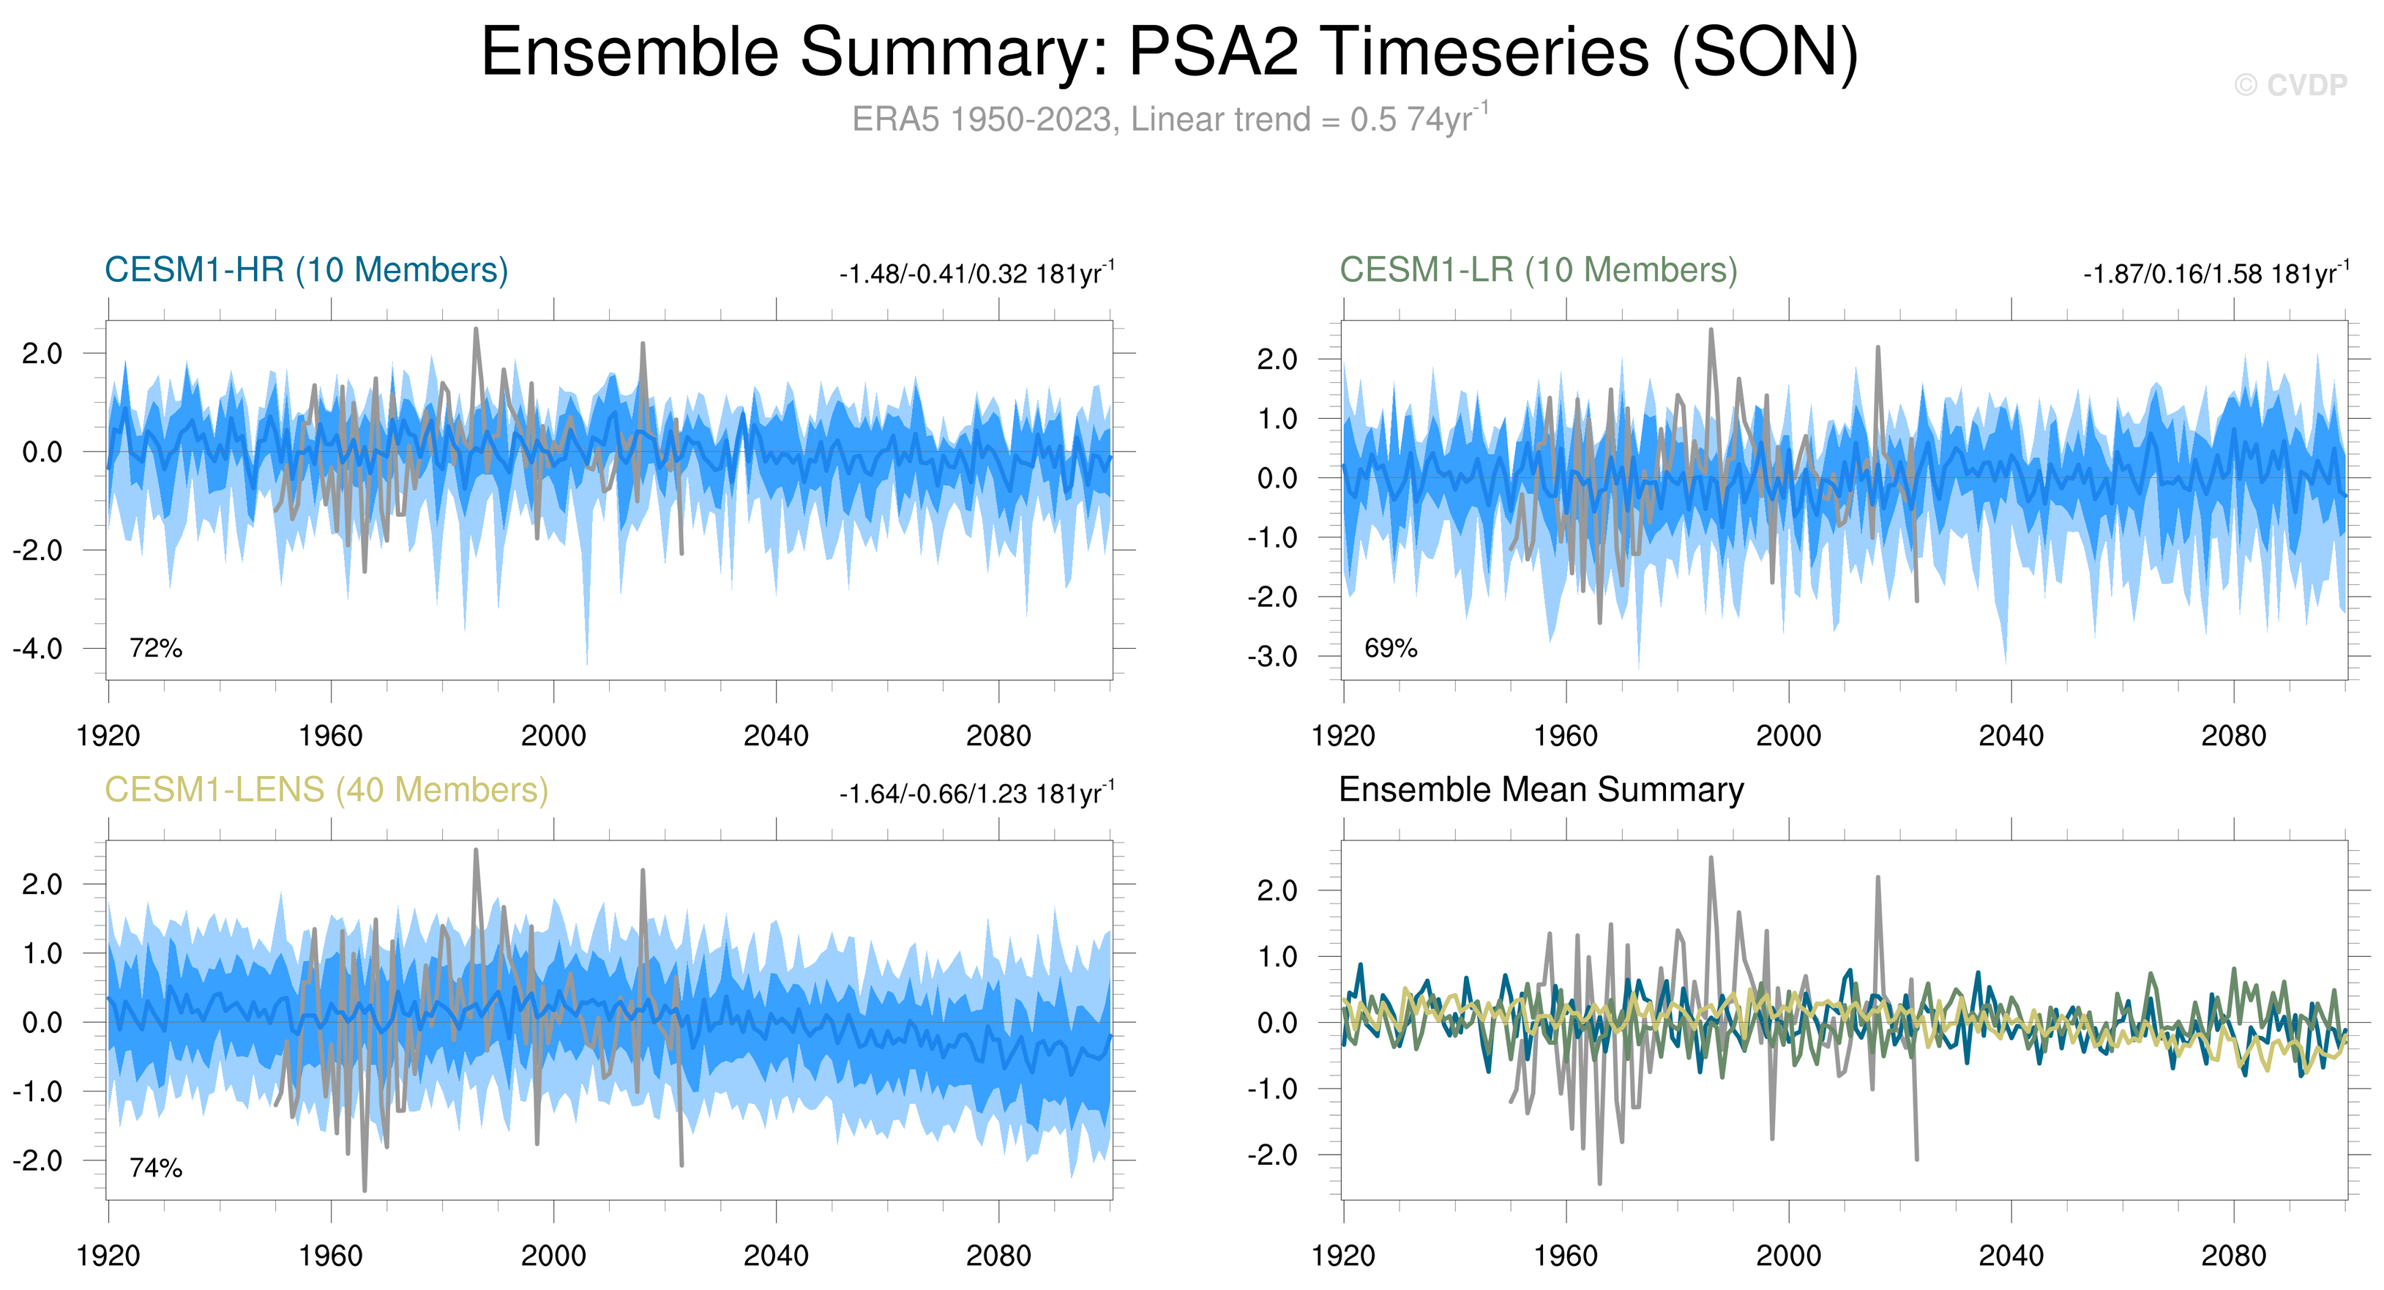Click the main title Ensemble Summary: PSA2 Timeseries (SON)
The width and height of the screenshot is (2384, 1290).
tap(1169, 52)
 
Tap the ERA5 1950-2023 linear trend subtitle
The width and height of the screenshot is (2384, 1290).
tap(1169, 119)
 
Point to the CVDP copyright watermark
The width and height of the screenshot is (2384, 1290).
tap(2290, 85)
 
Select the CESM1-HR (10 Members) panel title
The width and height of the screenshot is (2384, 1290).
tap(307, 270)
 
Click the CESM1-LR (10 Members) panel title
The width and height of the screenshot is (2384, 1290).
tap(1538, 270)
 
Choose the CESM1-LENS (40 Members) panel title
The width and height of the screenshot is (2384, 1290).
tap(326, 790)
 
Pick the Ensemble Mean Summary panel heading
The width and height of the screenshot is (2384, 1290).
tap(1541, 790)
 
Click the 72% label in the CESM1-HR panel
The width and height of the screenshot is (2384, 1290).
tap(155, 648)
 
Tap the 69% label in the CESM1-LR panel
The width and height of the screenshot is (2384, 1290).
tap(1390, 648)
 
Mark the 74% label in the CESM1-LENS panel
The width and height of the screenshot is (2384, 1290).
tap(155, 1168)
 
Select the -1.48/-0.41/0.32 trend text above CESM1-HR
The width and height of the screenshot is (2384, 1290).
tap(976, 274)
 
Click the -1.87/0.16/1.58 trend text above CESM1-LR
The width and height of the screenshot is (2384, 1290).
tap(2216, 274)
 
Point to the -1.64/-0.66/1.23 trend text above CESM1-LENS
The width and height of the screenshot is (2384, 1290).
tap(976, 794)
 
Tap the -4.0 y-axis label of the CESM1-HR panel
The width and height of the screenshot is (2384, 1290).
tap(38, 649)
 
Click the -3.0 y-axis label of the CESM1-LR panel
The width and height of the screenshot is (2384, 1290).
tap(1272, 657)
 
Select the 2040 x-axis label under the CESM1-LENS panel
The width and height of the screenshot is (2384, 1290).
tap(776, 1256)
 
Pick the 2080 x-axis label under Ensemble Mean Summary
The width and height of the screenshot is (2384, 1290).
tap(2233, 1256)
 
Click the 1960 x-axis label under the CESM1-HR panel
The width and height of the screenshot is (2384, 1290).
tap(330, 736)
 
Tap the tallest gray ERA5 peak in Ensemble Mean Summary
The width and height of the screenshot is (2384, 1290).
tap(1711, 859)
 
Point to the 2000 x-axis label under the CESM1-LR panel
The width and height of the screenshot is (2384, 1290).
tap(1788, 736)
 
